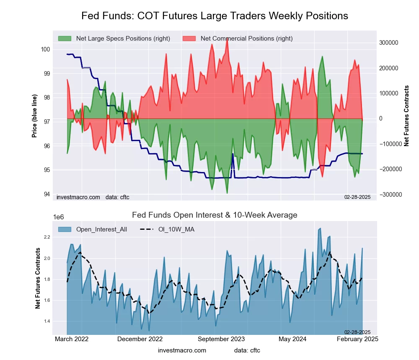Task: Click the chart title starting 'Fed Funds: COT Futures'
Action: point(215,16)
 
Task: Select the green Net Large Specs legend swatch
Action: point(65,39)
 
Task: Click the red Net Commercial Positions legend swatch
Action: point(190,39)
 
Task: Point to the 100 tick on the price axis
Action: point(45,49)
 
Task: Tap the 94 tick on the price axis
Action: point(47,194)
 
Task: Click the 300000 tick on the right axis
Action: point(388,43)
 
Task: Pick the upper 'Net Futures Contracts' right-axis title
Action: point(406,116)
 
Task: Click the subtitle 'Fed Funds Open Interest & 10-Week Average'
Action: point(215,215)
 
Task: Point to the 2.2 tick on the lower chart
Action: point(46,237)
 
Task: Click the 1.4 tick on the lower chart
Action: point(46,321)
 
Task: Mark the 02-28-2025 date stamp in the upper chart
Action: point(357,197)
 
